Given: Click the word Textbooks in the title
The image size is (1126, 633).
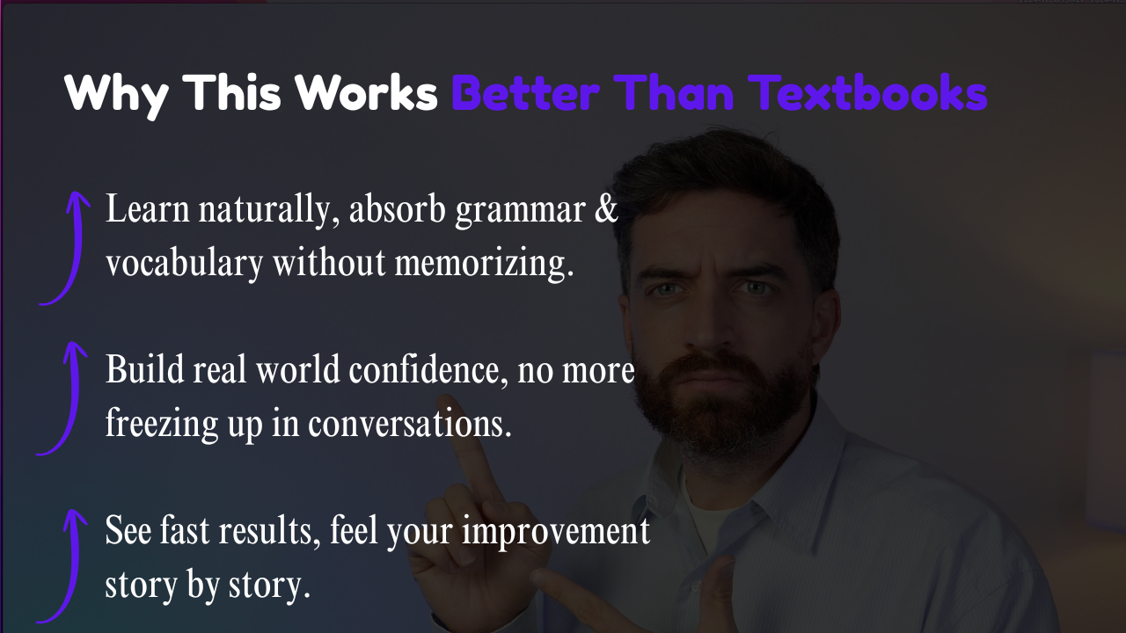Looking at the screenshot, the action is (868, 92).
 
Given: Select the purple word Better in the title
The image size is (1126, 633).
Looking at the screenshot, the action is (525, 92).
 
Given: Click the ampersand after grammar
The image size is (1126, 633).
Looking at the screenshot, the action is (605, 209).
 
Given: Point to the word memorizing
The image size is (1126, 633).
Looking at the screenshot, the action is (484, 262).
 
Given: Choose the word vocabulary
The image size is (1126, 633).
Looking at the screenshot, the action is (185, 262).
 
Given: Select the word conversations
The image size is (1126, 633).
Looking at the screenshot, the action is (409, 424).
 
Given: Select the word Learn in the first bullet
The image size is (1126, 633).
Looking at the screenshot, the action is (147, 208).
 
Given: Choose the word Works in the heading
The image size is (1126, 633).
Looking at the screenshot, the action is (366, 92).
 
